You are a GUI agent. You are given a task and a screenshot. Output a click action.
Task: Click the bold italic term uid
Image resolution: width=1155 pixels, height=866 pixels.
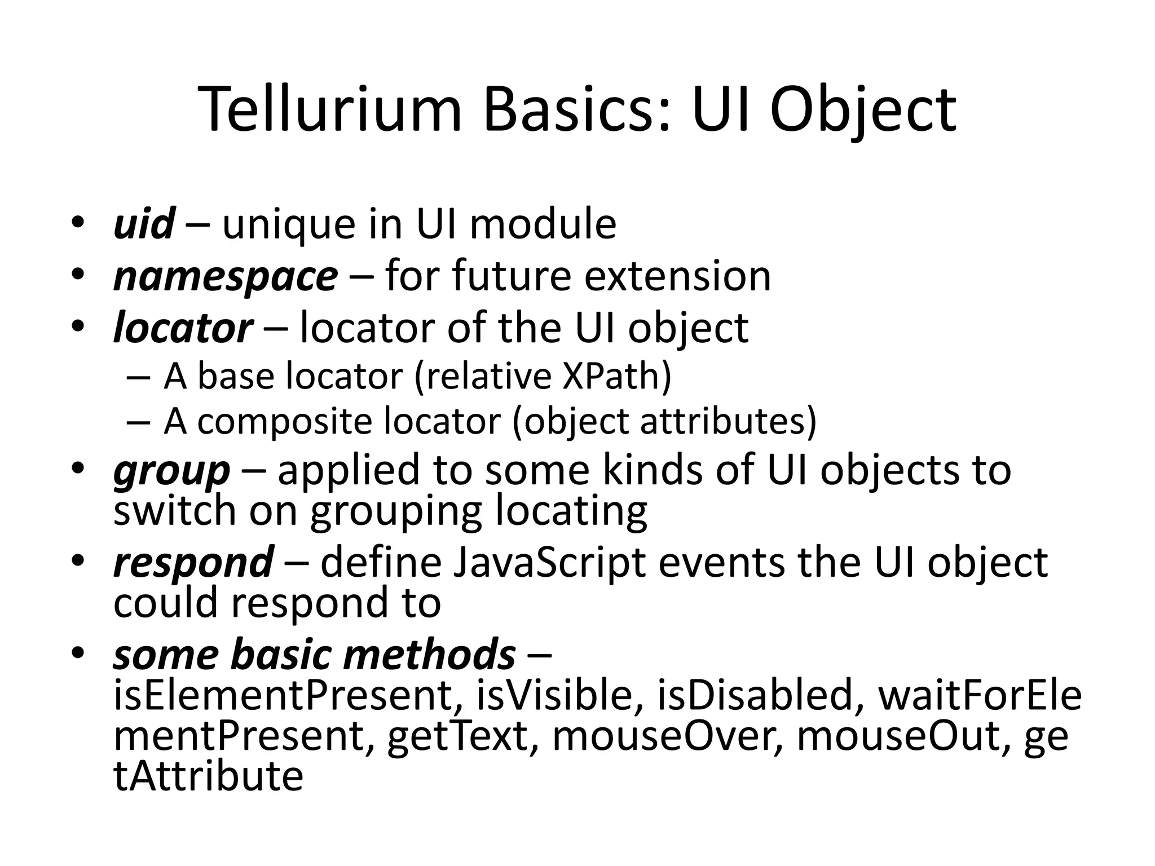tap(144, 224)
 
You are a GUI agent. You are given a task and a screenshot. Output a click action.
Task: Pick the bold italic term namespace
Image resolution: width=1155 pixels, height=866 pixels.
tap(226, 277)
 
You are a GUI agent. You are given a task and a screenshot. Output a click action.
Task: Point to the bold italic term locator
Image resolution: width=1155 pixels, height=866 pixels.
tap(183, 328)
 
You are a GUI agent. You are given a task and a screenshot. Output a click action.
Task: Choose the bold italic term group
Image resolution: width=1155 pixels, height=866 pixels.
tap(171, 471)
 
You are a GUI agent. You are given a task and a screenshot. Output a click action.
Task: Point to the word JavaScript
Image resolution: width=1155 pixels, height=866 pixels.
tap(550, 563)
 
